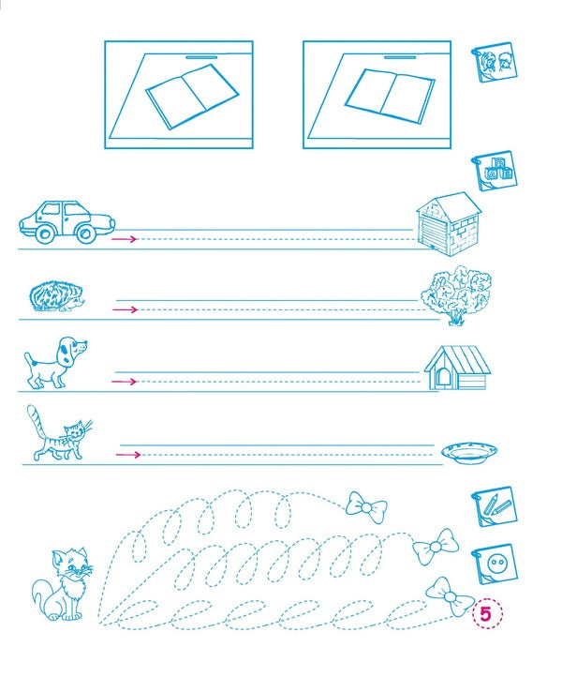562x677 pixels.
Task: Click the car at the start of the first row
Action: (66, 221)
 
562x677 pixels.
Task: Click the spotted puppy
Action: (55, 361)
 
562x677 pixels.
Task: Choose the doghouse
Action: (456, 368)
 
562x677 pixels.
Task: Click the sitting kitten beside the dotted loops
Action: (58, 586)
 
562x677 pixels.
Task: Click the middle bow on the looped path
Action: (435, 547)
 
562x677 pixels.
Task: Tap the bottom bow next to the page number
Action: (449, 596)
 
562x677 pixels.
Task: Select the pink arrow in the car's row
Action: (124, 239)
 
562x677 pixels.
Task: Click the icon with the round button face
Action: (494, 566)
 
